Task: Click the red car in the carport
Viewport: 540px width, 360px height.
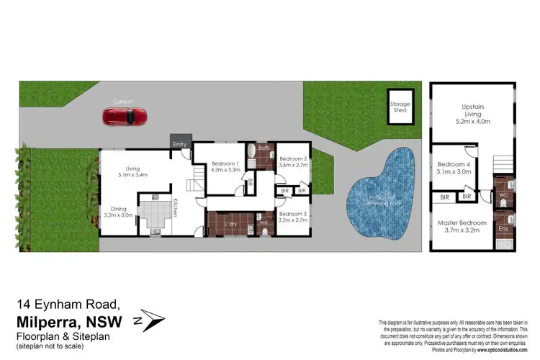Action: pyautogui.click(x=125, y=115)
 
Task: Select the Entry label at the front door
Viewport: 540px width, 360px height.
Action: pyautogui.click(x=180, y=145)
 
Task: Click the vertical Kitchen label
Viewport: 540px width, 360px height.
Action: pyautogui.click(x=175, y=209)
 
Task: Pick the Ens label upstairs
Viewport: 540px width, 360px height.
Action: pyautogui.click(x=502, y=228)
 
